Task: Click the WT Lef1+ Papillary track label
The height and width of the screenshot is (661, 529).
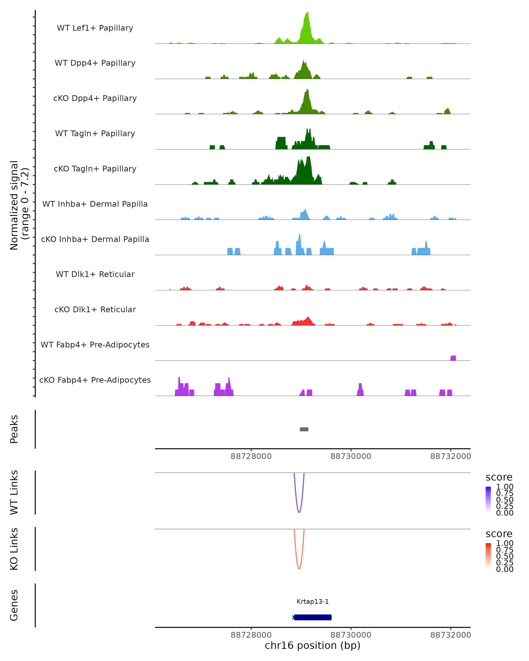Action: coord(95,28)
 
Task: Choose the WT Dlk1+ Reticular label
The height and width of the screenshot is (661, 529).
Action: coord(95,274)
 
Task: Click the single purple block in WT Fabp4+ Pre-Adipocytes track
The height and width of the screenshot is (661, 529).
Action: coord(453,358)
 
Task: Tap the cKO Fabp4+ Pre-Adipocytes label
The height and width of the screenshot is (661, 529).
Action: coord(95,380)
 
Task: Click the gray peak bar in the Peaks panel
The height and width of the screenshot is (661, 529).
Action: coord(304,429)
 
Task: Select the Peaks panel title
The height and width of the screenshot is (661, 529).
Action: coord(14,429)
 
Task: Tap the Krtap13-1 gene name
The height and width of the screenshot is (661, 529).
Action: coord(313,602)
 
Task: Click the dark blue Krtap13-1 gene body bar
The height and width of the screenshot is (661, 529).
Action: coord(313,617)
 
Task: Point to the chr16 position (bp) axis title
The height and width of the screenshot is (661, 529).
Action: coord(313,645)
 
